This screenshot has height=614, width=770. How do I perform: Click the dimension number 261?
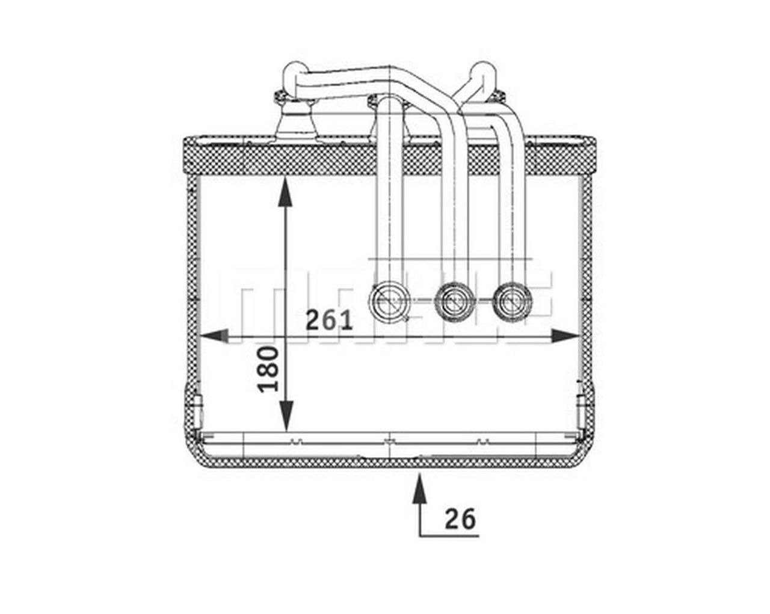pos(329,320)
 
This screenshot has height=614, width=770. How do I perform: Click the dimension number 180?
pos(269,369)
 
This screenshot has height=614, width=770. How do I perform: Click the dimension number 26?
pos(460,518)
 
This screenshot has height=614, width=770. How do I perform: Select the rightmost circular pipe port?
pos(511,299)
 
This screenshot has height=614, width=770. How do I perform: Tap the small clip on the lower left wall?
pos(197,404)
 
